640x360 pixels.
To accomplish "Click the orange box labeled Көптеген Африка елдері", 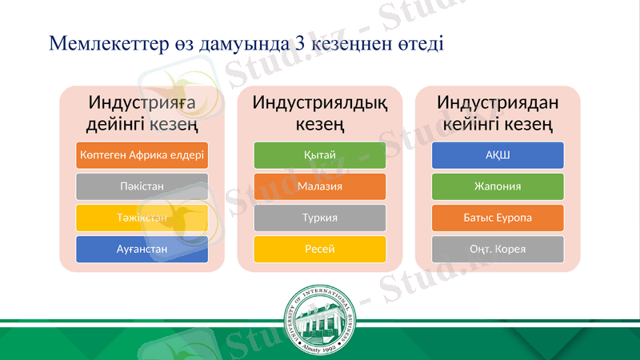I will [142, 155].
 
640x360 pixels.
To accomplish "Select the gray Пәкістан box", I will [142, 186].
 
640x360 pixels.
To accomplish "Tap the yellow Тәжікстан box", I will [142, 218].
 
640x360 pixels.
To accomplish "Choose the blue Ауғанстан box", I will [142, 249].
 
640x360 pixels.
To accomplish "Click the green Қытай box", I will [320, 155].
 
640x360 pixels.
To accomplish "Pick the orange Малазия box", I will [320, 186].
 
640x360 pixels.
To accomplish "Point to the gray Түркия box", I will [320, 218].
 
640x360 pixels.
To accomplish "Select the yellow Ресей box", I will [320, 249].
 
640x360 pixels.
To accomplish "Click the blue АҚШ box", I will [498, 155].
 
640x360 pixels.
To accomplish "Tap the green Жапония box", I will [498, 186].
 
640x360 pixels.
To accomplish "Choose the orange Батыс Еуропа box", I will [498, 218].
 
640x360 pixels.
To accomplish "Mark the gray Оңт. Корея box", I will [498, 249].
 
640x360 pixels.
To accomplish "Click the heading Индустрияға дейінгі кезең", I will [142, 114].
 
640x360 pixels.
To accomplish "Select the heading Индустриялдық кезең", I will [320, 114].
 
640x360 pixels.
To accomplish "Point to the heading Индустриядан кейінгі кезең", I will [498, 114].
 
